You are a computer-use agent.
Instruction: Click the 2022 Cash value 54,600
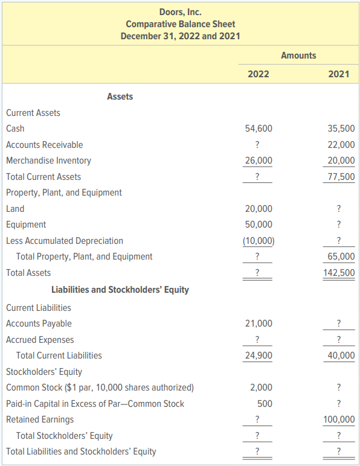click(x=259, y=129)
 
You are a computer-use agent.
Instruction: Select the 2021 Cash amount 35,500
click(x=341, y=129)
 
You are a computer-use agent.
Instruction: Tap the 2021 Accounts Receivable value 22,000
click(x=341, y=145)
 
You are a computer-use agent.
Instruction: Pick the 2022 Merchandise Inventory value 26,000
click(x=259, y=161)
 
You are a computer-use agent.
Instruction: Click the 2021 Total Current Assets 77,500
click(x=341, y=177)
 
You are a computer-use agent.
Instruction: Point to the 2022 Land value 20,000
click(x=259, y=209)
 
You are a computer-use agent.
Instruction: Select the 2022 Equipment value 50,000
click(x=259, y=225)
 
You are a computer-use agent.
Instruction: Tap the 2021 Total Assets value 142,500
click(x=339, y=272)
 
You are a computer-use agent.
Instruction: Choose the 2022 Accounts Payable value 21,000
click(x=259, y=324)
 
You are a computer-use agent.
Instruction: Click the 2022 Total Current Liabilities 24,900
click(x=259, y=356)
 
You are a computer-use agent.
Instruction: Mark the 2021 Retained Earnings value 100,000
click(x=339, y=420)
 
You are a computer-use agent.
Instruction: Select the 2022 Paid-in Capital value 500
click(x=265, y=404)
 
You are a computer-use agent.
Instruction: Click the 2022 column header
click(x=259, y=74)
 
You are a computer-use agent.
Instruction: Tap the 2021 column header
click(x=339, y=74)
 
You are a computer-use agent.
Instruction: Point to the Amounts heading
click(x=298, y=56)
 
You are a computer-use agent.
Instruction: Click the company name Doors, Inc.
click(x=181, y=12)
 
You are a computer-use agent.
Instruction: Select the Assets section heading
click(x=120, y=97)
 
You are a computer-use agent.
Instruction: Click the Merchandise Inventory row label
click(x=48, y=161)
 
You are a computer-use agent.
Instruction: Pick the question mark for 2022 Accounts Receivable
click(x=257, y=145)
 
